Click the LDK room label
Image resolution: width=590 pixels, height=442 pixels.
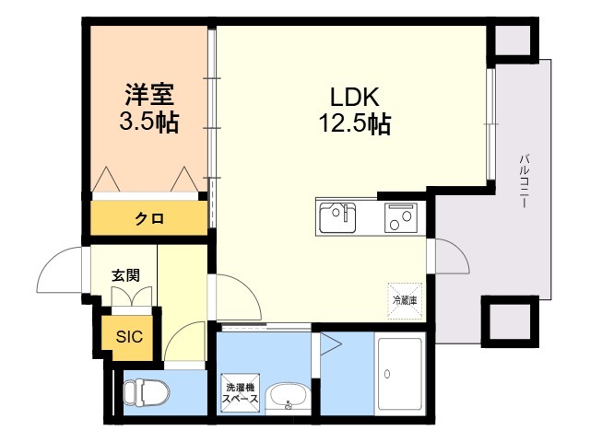pyautogui.click(x=354, y=97)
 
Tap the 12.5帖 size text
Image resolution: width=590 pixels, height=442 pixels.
pyautogui.click(x=355, y=122)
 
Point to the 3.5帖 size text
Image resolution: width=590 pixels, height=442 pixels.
pyautogui.click(x=149, y=122)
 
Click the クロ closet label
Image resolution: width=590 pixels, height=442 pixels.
pyautogui.click(x=149, y=218)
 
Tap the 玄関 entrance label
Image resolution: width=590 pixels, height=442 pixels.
pyautogui.click(x=125, y=275)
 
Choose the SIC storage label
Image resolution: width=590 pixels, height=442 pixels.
pyautogui.click(x=129, y=336)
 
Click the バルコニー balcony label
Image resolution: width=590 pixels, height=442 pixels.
pyautogui.click(x=524, y=180)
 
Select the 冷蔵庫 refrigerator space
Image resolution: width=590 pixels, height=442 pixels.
pyautogui.click(x=405, y=301)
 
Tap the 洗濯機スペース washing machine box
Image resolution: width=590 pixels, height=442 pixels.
pyautogui.click(x=240, y=393)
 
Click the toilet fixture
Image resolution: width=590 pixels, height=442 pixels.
pyautogui.click(x=147, y=392)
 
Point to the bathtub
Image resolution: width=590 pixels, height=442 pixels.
pyautogui.click(x=399, y=374)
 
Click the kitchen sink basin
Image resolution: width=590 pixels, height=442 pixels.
pyautogui.click(x=337, y=217)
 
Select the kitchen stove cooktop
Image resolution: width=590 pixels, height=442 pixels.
pyautogui.click(x=401, y=217)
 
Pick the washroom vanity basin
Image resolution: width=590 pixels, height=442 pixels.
pyautogui.click(x=288, y=399)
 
